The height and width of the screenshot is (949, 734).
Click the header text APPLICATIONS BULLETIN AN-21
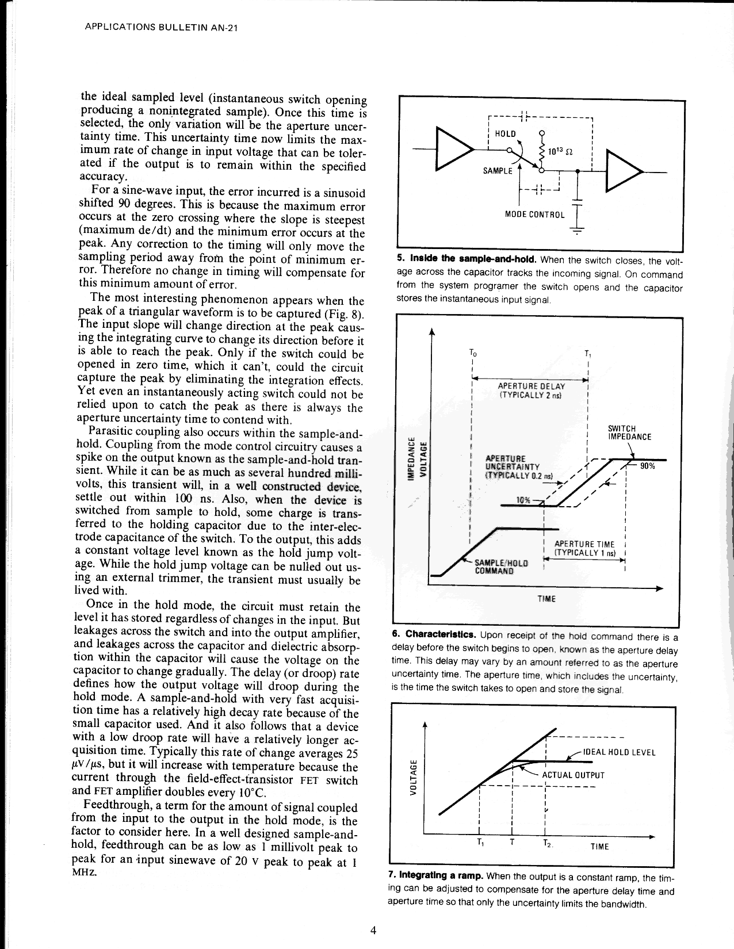(161, 27)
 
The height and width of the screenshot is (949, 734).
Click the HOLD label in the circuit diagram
(505, 133)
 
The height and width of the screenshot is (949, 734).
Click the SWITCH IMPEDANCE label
(629, 433)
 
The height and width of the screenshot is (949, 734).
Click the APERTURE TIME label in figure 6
(584, 549)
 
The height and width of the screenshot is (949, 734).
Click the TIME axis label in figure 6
(546, 599)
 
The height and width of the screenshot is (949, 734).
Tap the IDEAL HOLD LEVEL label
(619, 752)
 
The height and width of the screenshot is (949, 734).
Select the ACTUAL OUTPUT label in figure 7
(573, 774)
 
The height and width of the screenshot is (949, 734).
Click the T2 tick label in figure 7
(546, 844)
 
